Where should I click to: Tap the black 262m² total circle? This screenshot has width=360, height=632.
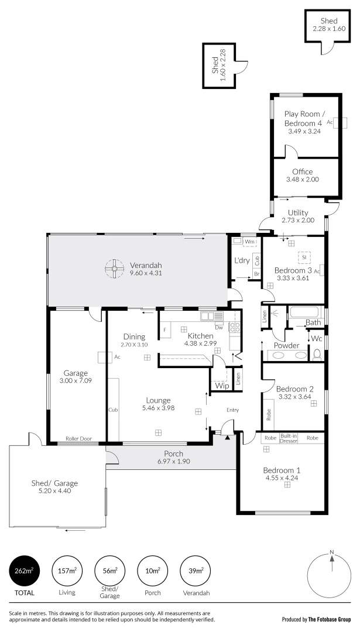pyautogui.click(x=23, y=570)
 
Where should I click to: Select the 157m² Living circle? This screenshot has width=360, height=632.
pyautogui.click(x=67, y=570)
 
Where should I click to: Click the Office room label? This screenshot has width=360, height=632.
pyautogui.click(x=302, y=171)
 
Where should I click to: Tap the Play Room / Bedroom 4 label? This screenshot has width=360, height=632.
pyautogui.click(x=303, y=119)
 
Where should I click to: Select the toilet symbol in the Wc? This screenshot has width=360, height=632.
pyautogui.click(x=317, y=353)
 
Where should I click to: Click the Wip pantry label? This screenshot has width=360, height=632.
pyautogui.click(x=222, y=386)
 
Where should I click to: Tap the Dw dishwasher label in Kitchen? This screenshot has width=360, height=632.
pyautogui.click(x=219, y=328)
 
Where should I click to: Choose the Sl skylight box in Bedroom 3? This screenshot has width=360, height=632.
pyautogui.click(x=304, y=257)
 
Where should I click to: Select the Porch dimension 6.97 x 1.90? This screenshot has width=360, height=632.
pyautogui.click(x=174, y=461)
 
